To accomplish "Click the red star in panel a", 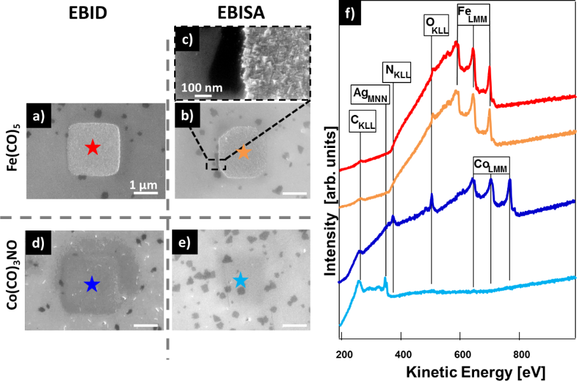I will coord(93,149).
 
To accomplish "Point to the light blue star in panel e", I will coord(240,280).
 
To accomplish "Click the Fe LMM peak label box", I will coord(473,11).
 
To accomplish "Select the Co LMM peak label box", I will coord(491,165).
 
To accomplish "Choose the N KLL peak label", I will coord(398,72).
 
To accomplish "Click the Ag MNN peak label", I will coord(370,95).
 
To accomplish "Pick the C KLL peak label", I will coord(363,120).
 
